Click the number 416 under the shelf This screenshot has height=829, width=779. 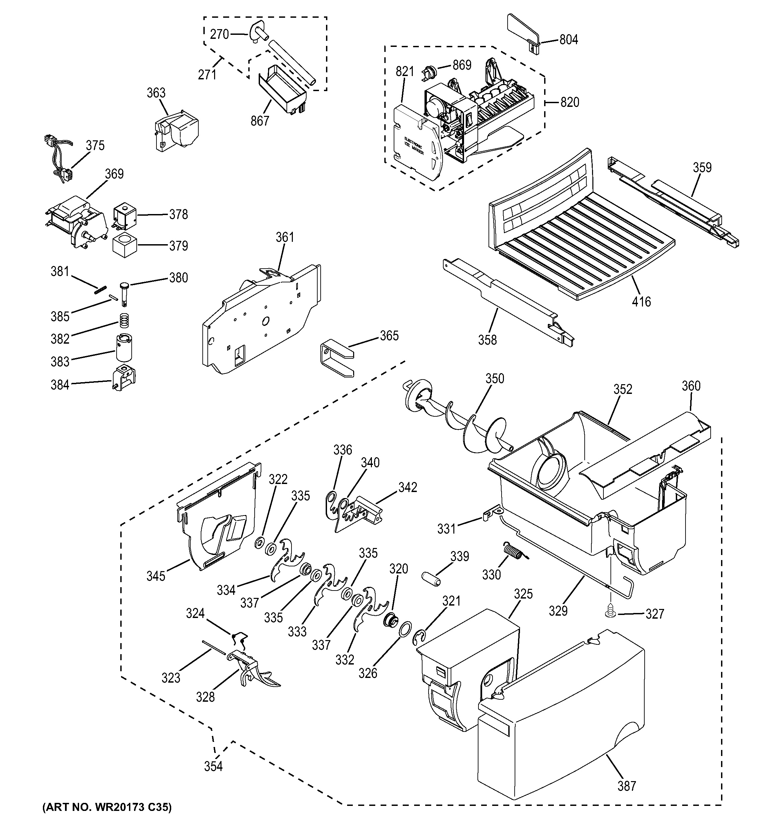[x=641, y=301]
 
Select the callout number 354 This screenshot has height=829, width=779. [x=213, y=766]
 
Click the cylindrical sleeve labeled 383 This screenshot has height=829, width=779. [x=123, y=347]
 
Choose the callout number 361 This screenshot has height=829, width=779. [x=285, y=237]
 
